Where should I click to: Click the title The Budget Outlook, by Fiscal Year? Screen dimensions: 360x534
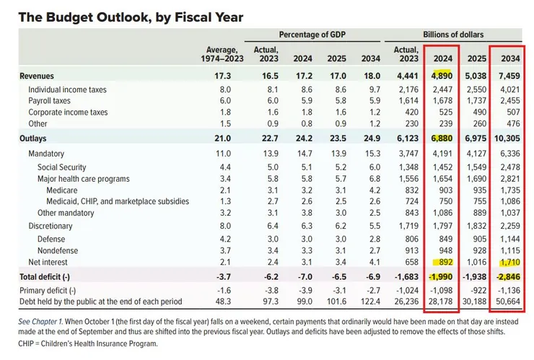130,16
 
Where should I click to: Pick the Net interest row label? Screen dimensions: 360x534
48,263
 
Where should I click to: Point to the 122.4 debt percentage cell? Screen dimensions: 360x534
364,301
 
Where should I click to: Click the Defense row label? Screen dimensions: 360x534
51,239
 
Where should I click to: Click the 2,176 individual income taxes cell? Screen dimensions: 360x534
405,89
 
